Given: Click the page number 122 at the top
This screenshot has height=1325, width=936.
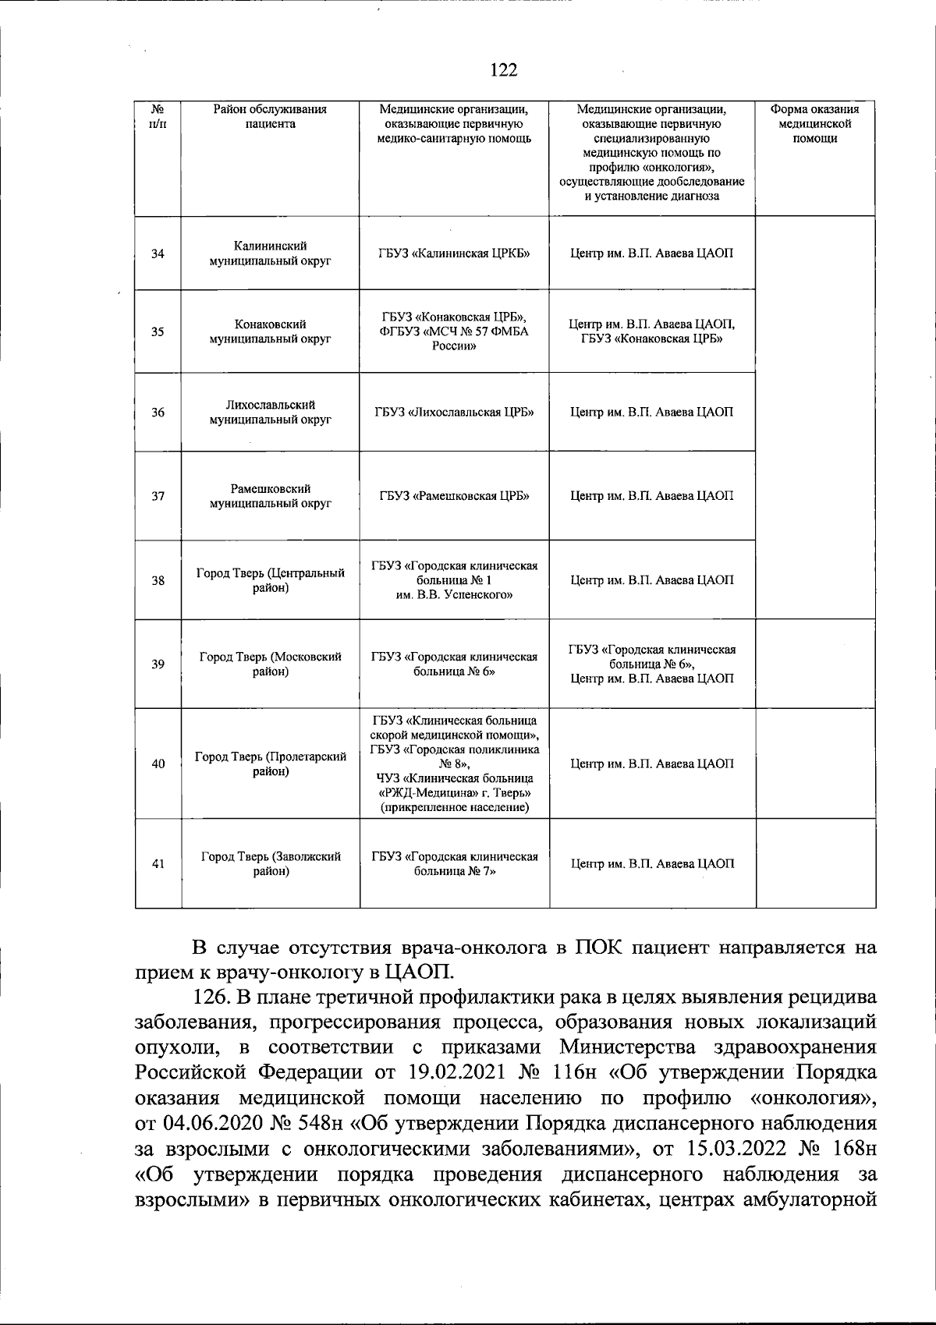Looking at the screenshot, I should [503, 70].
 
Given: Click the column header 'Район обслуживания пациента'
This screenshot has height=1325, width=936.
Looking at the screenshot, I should [270, 117].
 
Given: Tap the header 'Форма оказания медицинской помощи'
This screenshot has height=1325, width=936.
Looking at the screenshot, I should [814, 124].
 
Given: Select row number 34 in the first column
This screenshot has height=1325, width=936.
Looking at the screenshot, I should [158, 253].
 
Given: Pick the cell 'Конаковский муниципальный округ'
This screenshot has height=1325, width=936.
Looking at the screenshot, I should [270, 331].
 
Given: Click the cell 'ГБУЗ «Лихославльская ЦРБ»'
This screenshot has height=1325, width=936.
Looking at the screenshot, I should [454, 412].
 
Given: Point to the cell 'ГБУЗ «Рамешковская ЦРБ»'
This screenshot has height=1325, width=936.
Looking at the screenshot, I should [454, 496].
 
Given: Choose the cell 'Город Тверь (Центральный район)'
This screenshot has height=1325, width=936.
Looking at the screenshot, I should [270, 580].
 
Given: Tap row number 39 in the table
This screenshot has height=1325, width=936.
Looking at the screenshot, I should [158, 664].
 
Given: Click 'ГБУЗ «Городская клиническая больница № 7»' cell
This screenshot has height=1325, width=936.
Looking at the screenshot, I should [454, 863].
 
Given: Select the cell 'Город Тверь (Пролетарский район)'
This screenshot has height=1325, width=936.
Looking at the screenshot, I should [270, 764].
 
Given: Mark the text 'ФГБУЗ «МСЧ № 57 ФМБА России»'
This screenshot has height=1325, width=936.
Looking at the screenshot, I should [454, 339].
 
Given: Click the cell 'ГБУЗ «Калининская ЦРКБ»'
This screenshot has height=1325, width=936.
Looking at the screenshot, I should [454, 253].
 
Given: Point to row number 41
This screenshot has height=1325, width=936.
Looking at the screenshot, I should [158, 863].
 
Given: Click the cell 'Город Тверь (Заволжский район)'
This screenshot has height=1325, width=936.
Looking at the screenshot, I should [270, 863].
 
